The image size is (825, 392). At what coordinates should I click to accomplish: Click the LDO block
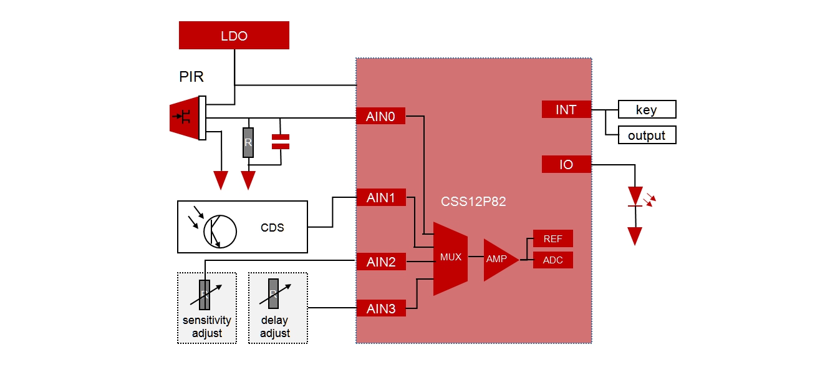click(234, 36)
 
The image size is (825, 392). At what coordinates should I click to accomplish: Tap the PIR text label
click(191, 77)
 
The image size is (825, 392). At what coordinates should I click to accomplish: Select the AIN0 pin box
click(380, 116)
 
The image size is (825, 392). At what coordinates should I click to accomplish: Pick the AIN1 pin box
click(381, 198)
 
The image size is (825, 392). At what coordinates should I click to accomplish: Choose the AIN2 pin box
click(381, 262)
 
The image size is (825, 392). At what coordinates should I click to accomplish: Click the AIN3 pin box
click(381, 308)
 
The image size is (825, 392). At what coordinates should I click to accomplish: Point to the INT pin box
click(566, 110)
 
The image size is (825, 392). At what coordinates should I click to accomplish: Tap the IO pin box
click(566, 165)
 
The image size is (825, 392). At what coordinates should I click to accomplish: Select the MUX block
click(450, 258)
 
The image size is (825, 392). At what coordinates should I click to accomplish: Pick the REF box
click(552, 239)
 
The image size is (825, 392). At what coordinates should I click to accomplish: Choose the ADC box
click(552, 260)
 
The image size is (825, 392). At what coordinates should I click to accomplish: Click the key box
click(647, 110)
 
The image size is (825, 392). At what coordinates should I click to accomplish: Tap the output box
click(647, 135)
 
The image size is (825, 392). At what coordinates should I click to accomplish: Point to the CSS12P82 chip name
click(473, 202)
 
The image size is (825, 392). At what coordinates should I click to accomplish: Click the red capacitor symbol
click(281, 142)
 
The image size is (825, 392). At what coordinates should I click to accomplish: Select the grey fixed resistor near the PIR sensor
click(248, 142)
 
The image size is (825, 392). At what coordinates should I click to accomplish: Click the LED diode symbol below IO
click(635, 197)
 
